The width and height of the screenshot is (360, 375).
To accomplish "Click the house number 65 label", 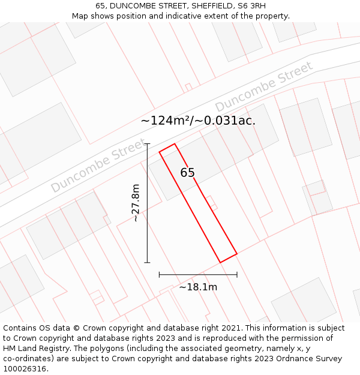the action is tap(188, 173).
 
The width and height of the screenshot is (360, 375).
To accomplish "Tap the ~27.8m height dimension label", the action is tap(136, 203).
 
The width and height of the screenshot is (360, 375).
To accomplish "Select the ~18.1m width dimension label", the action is tap(198, 287).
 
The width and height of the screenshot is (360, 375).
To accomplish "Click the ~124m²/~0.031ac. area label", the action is tap(198, 121).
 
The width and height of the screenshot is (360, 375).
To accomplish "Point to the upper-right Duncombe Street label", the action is tap(264, 86).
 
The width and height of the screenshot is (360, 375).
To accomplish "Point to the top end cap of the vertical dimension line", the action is tap(148, 144).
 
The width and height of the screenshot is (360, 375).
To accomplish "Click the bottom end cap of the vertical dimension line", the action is tap(148, 262).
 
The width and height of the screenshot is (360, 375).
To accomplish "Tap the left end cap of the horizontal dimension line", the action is tap(159, 275).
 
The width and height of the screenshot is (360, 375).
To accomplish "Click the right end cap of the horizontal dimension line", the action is tap(237, 275).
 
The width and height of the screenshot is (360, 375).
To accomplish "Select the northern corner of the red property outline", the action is tap(175, 144).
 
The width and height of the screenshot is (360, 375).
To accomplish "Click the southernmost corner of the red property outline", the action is tap(221, 262).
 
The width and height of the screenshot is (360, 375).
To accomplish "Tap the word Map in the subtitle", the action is tap(80, 16).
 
